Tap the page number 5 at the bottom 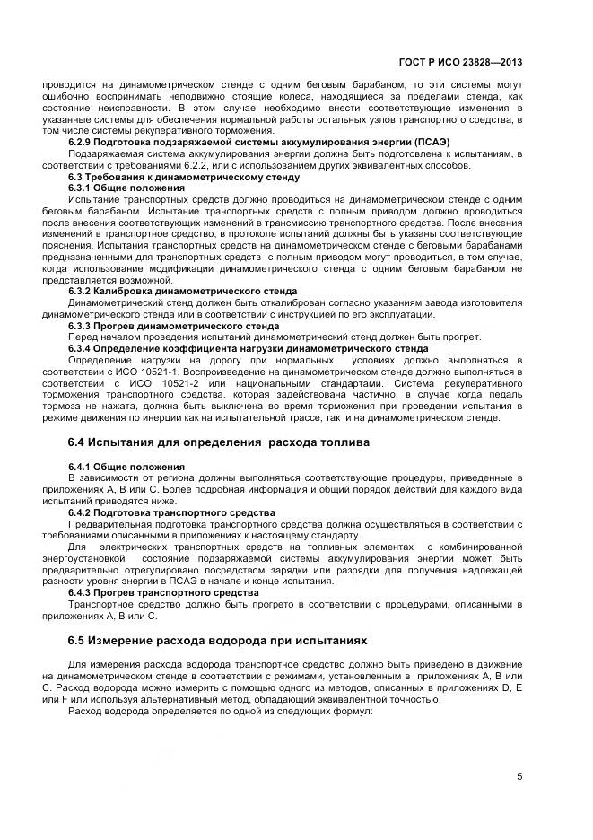(519, 777)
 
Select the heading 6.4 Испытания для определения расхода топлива (218, 442)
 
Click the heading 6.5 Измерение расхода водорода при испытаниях (218, 643)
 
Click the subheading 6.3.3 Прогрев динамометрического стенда (173, 326)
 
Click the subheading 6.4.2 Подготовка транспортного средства (171, 512)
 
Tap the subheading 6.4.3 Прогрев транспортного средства (163, 593)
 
